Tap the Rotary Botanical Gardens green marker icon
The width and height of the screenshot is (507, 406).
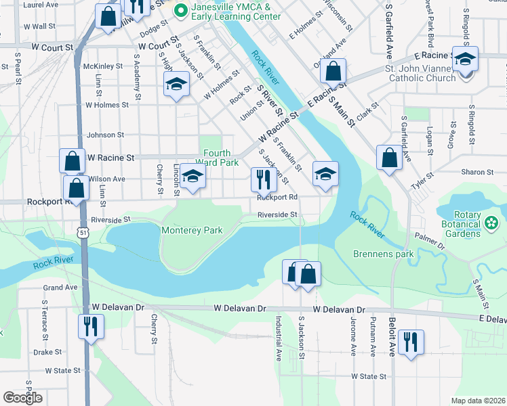click(491, 221)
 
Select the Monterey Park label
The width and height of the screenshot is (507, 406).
click(192, 231)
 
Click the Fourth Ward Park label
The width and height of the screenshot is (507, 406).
click(217, 158)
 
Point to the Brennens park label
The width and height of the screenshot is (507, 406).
click(384, 254)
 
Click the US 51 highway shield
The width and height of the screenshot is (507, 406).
click(82, 232)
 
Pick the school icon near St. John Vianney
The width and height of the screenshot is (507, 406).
click(465, 59)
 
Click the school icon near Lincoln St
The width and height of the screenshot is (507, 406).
click(193, 178)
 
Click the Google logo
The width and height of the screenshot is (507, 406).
click(22, 398)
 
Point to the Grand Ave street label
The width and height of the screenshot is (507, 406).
click(62, 288)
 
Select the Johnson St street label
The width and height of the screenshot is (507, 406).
click(105, 135)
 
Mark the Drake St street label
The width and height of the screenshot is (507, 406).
click(47, 352)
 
